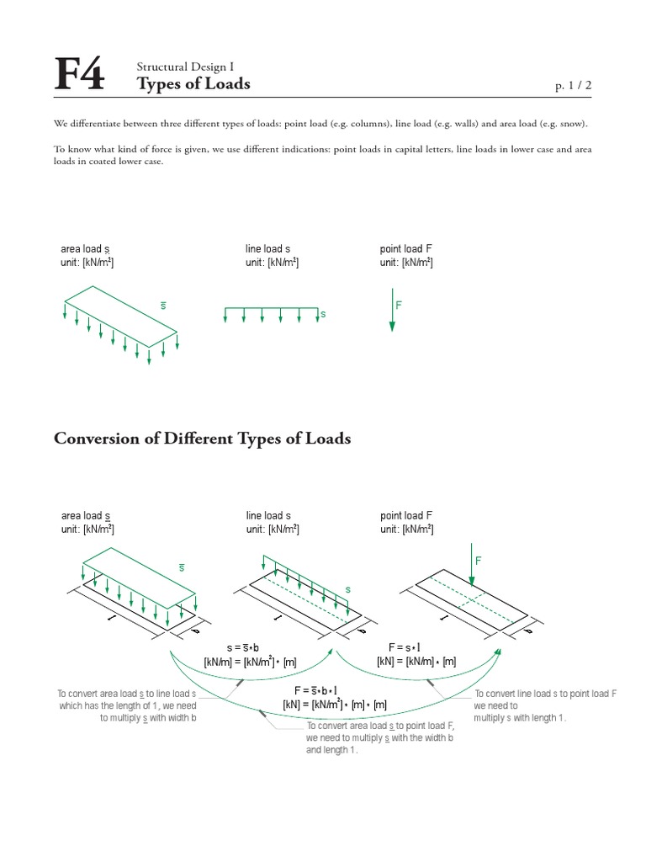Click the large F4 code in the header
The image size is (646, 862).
point(80,76)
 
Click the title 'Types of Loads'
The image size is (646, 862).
point(193,84)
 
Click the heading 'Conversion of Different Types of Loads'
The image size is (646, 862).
point(202,439)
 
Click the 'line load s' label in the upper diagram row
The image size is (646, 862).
point(267,249)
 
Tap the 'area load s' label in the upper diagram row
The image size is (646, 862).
point(85,249)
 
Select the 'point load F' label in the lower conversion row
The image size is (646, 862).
point(406,515)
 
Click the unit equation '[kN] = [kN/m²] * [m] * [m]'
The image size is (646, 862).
point(334,704)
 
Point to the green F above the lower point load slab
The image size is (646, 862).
point(479,561)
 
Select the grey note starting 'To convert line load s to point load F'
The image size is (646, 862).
point(546,705)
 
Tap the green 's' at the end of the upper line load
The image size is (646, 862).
point(322,314)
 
